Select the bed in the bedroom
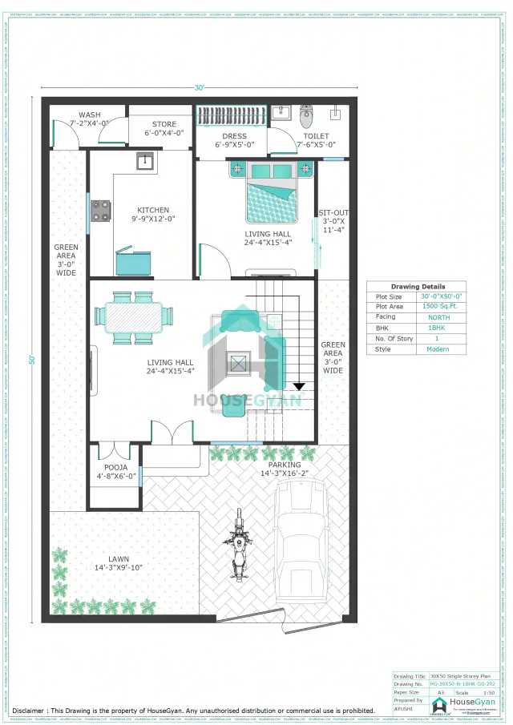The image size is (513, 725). coord(271,191)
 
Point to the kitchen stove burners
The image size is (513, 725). coord(100,210)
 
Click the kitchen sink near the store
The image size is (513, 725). coord(145,160)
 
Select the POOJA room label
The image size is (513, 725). coord(112,467)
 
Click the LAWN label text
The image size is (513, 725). coord(119,559)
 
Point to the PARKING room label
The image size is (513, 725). coord(285,465)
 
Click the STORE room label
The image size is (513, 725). coord(164,124)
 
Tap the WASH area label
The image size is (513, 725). coord(89,115)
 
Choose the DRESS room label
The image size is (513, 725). coord(235,136)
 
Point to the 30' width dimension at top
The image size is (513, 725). coord(199,87)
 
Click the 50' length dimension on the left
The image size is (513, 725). coord(33,360)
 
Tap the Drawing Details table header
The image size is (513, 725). coord(417,286)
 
